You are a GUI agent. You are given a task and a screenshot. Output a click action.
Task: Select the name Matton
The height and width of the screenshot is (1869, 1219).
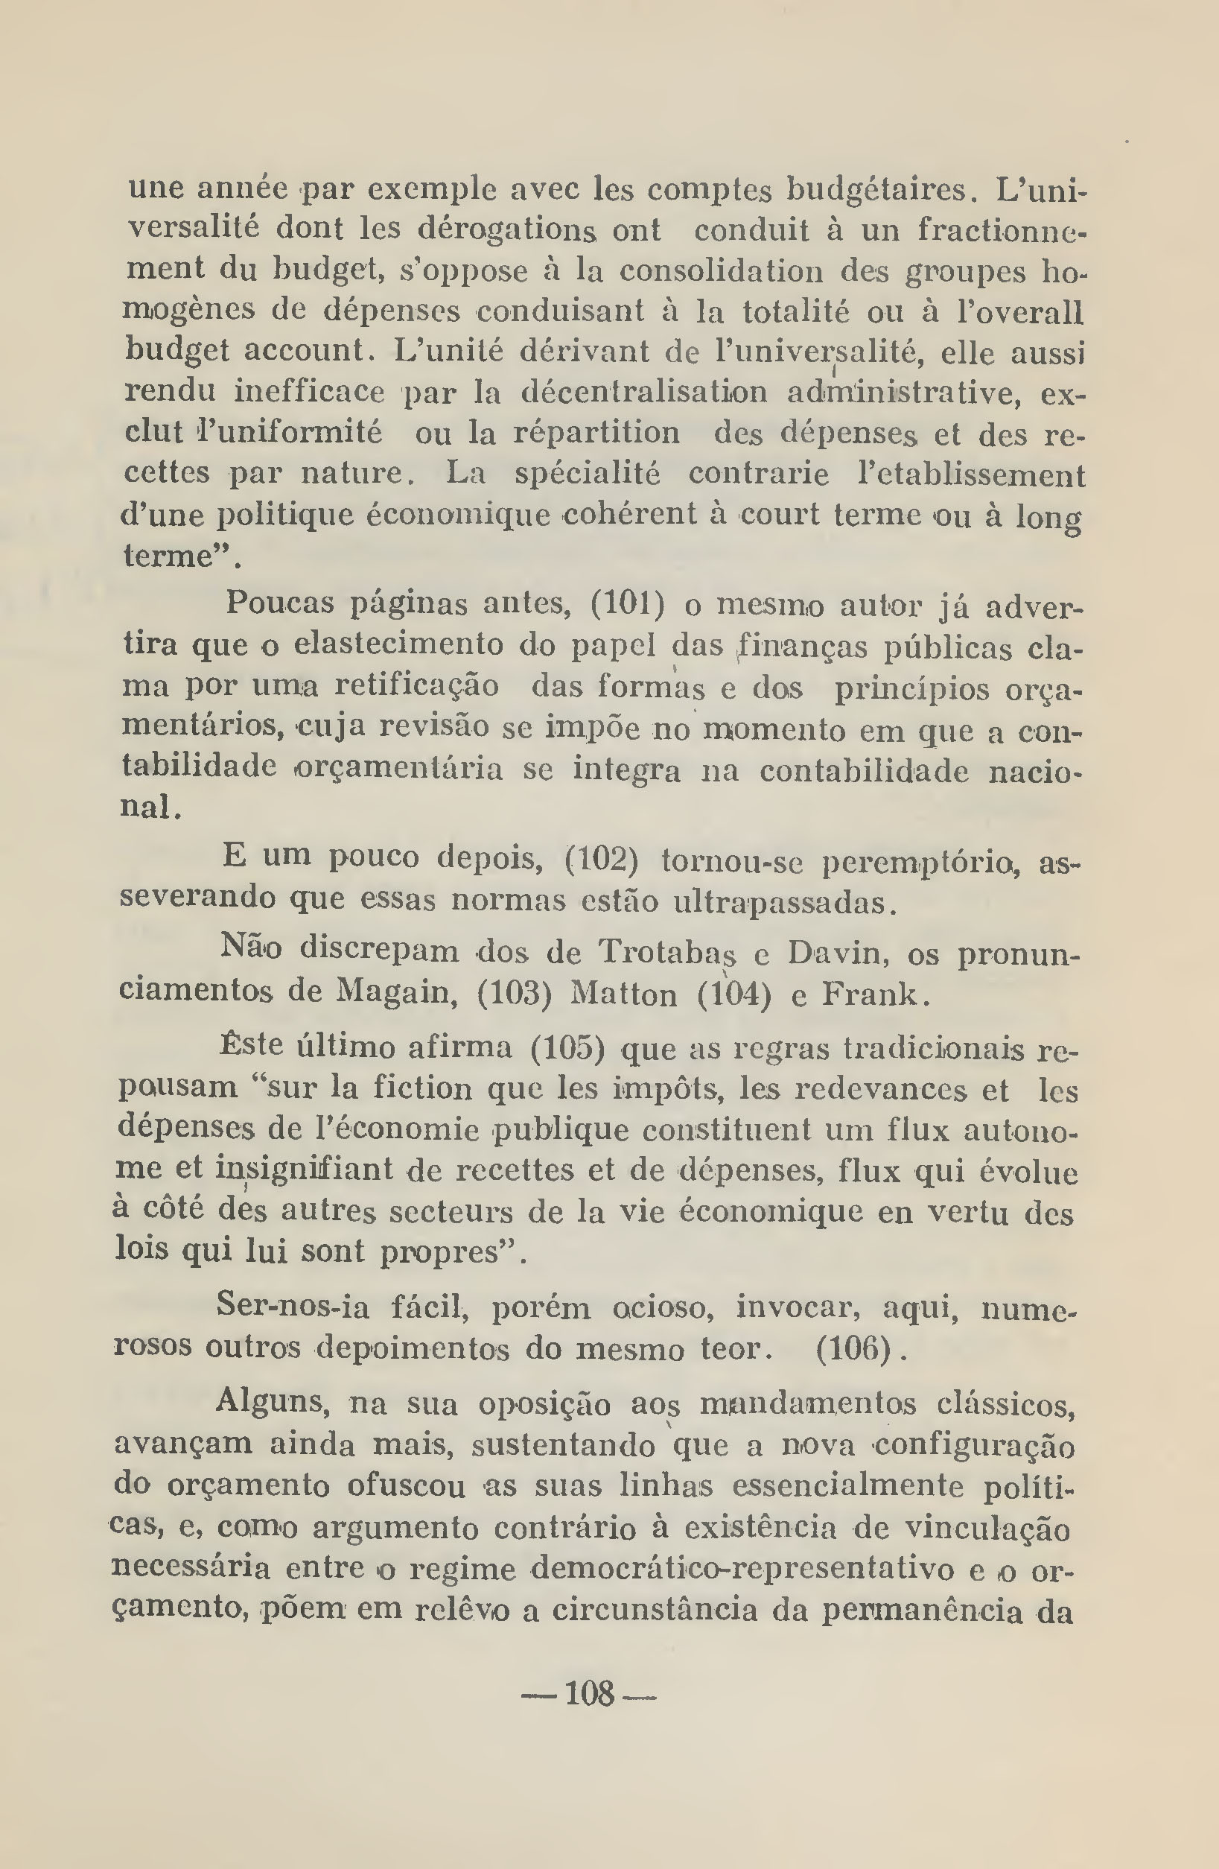(623, 995)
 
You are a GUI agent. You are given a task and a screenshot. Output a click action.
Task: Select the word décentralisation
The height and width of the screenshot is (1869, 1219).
(644, 392)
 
